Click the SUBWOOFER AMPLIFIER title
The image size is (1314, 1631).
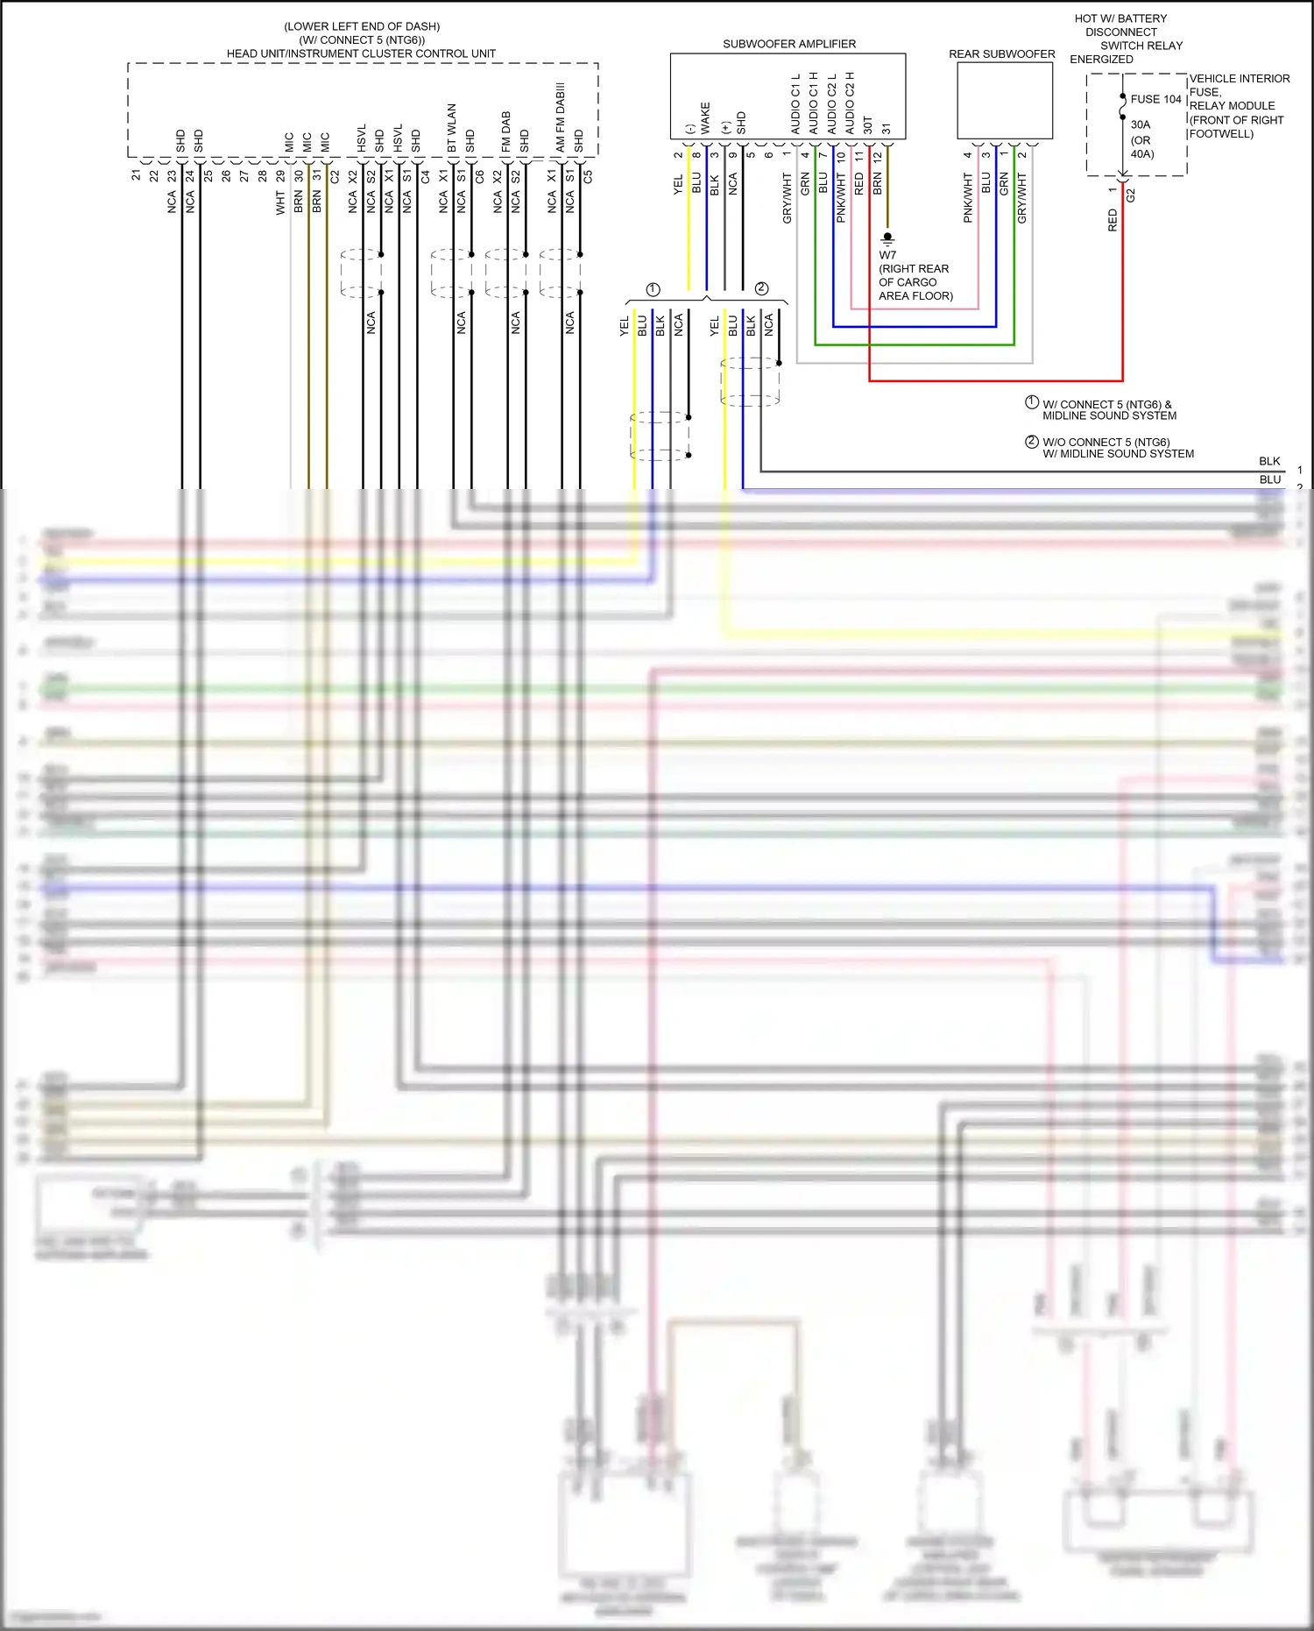point(788,44)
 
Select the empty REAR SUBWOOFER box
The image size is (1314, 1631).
point(1004,100)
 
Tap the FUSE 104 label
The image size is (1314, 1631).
point(1155,99)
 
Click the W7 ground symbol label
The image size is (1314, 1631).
point(887,255)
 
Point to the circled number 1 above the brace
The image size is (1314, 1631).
point(653,289)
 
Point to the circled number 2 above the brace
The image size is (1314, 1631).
point(761,288)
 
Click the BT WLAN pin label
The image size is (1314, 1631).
point(452,128)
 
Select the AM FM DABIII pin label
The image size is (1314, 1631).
point(561,118)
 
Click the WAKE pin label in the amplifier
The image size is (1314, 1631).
point(705,118)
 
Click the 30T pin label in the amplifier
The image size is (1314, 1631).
point(868,124)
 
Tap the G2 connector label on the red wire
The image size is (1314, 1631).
point(1130,195)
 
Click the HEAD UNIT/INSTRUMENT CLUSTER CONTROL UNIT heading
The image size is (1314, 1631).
point(361,53)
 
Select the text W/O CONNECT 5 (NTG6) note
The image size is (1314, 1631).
point(1106,442)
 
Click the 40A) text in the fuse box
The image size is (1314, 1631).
point(1142,154)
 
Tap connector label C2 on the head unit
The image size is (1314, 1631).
point(335,176)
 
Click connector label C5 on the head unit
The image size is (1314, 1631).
point(588,176)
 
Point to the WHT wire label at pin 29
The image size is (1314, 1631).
point(280,204)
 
